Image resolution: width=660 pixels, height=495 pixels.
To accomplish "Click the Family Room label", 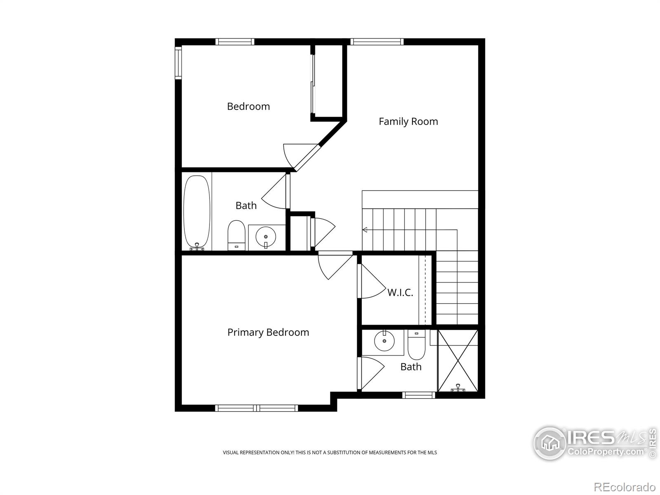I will [408, 121].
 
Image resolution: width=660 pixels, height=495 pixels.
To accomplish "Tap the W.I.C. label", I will [400, 292].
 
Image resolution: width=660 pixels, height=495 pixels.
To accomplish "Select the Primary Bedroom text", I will [268, 332].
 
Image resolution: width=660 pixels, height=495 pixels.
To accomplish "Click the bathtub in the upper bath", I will [197, 211].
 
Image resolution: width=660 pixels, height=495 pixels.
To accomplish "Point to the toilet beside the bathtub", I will [236, 236].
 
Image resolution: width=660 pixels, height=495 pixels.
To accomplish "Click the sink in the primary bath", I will [384, 341].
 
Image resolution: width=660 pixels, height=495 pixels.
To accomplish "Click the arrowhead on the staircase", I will [365, 230].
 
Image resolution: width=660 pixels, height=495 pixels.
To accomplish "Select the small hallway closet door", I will [324, 231].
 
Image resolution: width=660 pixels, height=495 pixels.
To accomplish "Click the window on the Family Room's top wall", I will [377, 41].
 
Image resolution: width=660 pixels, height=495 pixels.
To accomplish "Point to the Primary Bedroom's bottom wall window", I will [257, 408].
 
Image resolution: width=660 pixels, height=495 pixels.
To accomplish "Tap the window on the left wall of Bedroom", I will [178, 63].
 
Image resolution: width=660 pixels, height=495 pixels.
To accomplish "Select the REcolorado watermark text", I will [625, 487].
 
